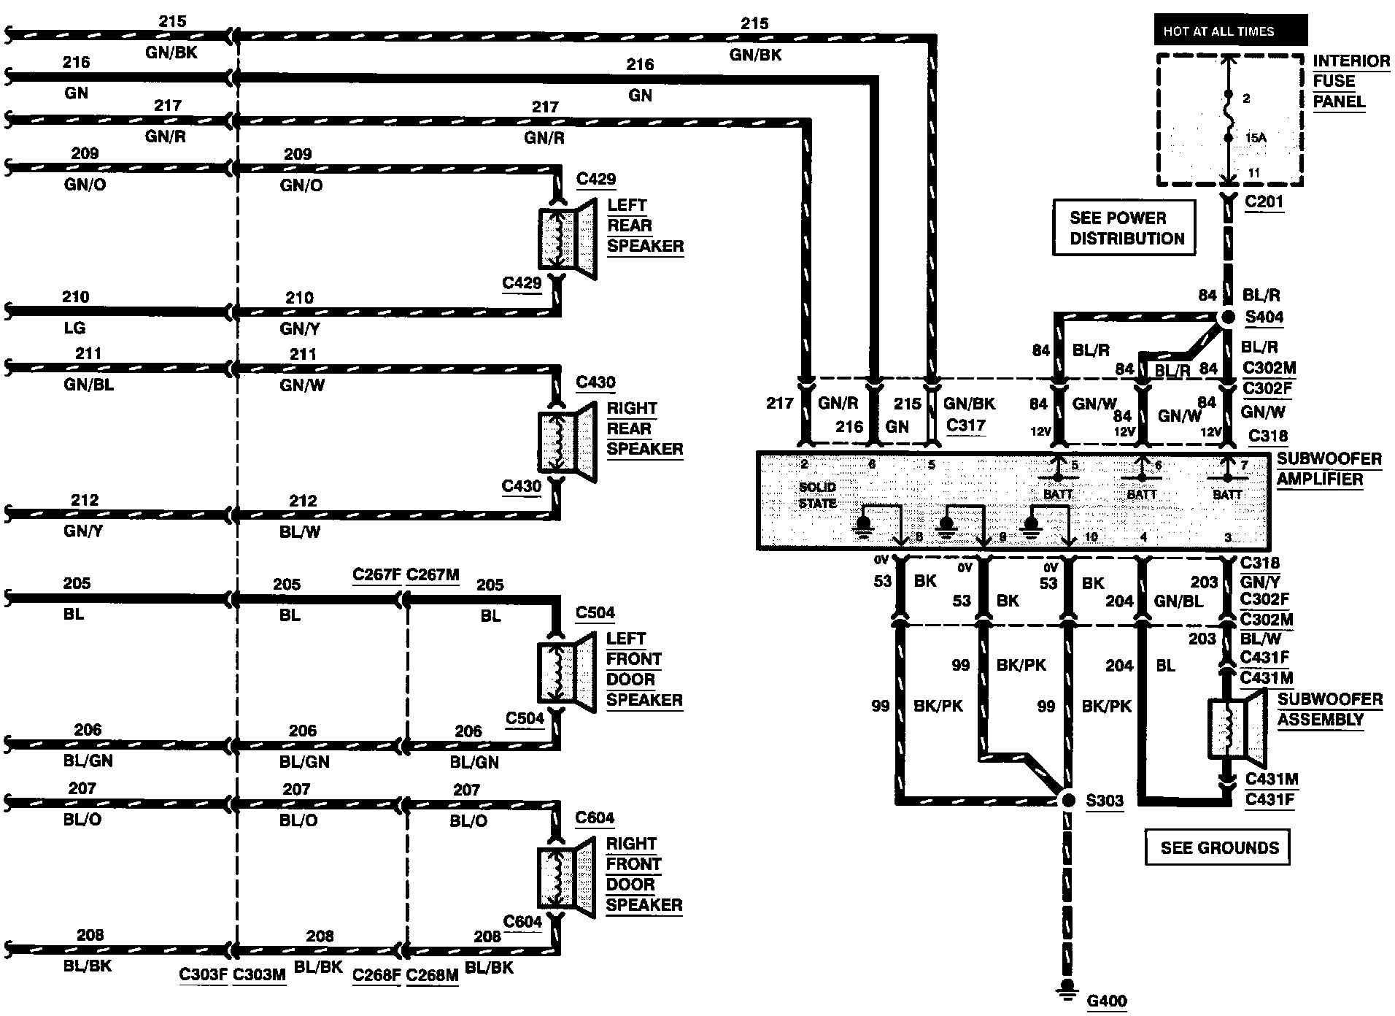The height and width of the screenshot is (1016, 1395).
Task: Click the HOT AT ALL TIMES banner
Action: [1231, 31]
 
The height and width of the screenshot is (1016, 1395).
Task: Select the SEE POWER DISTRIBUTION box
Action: [1124, 228]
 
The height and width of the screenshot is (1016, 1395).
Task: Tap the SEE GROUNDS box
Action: [1217, 847]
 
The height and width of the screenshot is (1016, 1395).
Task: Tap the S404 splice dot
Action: [1229, 317]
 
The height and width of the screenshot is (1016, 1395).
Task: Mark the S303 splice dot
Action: [1068, 801]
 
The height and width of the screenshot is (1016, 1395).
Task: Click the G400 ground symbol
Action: [1068, 990]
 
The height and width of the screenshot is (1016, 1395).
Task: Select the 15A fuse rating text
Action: [1256, 137]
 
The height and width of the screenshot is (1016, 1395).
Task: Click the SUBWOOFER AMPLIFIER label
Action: [1329, 469]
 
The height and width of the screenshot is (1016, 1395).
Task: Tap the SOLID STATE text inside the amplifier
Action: [817, 495]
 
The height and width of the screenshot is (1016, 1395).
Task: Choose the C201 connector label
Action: [1264, 201]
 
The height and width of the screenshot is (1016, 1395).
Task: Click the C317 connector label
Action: [965, 425]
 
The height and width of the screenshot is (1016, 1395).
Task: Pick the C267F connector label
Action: [376, 574]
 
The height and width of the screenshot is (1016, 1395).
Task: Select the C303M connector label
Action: [259, 975]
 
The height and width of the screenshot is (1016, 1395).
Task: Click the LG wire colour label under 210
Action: [74, 328]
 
